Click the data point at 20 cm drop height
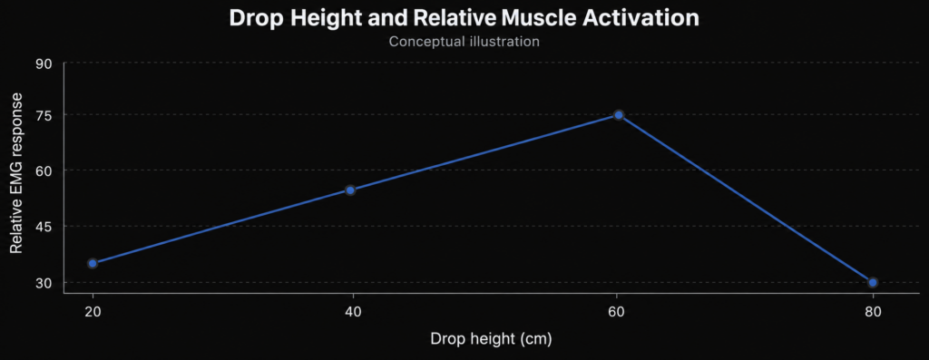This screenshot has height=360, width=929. pyautogui.click(x=93, y=264)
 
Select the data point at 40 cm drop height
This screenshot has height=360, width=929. pyautogui.click(x=350, y=190)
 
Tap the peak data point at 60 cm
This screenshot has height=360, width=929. pyautogui.click(x=619, y=115)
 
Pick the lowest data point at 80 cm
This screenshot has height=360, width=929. pyautogui.click(x=873, y=282)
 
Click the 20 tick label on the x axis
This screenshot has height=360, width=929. pyautogui.click(x=93, y=311)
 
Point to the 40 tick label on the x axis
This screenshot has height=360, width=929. pyautogui.click(x=353, y=311)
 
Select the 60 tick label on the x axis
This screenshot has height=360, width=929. pyautogui.click(x=616, y=311)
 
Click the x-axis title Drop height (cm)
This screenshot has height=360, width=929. pyautogui.click(x=491, y=339)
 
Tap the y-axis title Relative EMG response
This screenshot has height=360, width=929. pyautogui.click(x=16, y=173)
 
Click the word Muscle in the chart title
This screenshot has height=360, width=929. pyautogui.click(x=538, y=18)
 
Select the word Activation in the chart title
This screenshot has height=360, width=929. pyautogui.click(x=641, y=18)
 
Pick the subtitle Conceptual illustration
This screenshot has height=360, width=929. pyautogui.click(x=464, y=42)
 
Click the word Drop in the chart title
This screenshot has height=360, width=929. pyautogui.click(x=255, y=18)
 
